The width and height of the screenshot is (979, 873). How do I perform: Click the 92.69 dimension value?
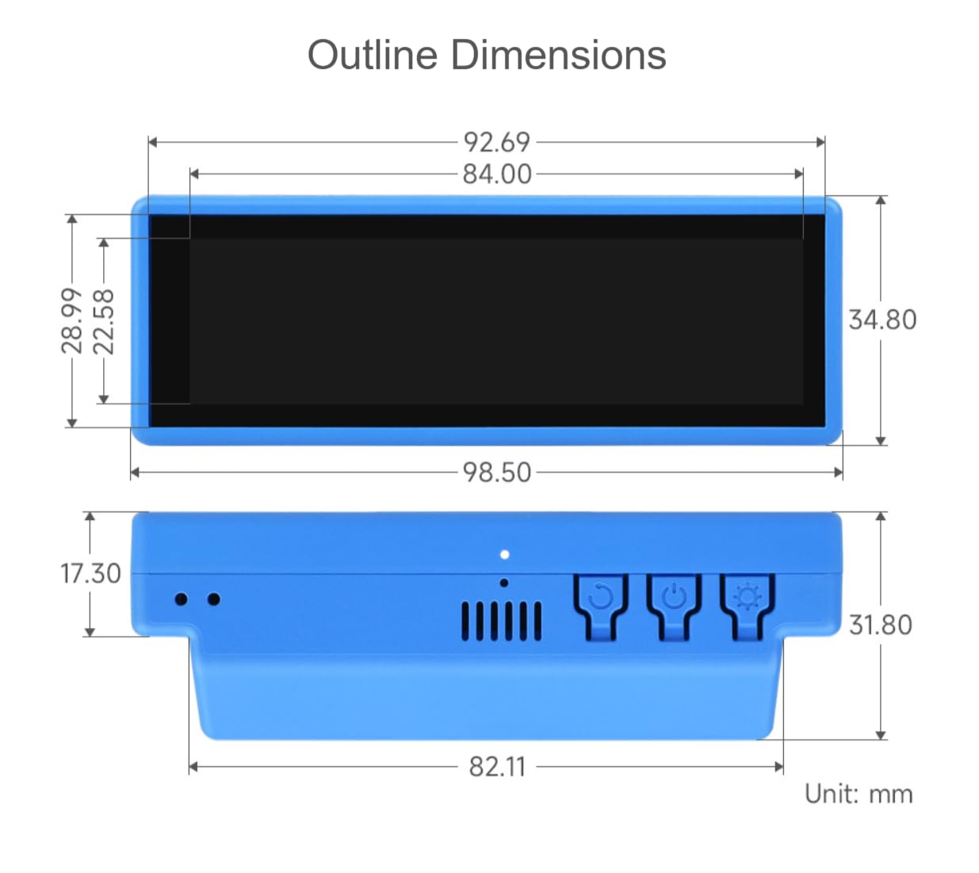[x=497, y=142]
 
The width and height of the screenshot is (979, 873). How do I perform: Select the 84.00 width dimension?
[x=497, y=174]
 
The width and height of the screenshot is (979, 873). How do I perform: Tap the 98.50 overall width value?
[x=497, y=473]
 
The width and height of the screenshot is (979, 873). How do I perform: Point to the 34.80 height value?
[x=882, y=320]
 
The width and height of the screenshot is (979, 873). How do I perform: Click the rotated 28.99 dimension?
[x=72, y=321]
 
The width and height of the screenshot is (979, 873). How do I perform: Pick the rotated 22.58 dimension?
[x=103, y=322]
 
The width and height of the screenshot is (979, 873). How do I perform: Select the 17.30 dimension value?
[x=90, y=574]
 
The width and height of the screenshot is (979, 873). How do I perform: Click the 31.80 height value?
[x=881, y=625]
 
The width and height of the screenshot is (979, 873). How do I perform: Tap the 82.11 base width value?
[x=497, y=767]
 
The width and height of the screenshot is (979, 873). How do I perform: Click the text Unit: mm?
[x=859, y=794]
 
